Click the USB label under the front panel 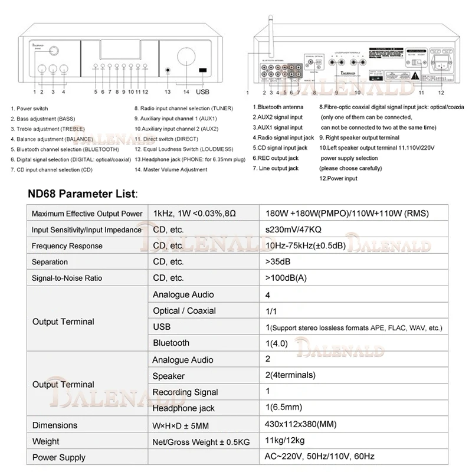pos(202,92)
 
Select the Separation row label pos(50,262)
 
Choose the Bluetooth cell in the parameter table pos(171,343)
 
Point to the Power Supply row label pos(58,457)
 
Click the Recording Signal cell pos(185,392)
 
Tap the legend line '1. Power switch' pos(29,109)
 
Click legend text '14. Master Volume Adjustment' pos(171,170)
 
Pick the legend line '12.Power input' pos(338,178)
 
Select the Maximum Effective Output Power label pos(87,214)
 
